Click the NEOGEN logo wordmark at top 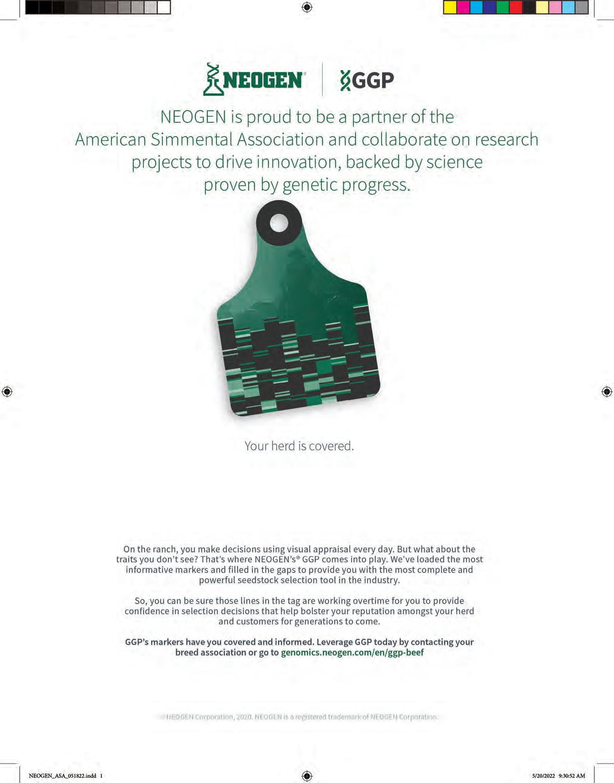coord(262,80)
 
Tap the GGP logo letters coord(373,81)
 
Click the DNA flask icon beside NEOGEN coord(212,79)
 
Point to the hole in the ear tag coord(279,223)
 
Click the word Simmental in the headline coord(191,140)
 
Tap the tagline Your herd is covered coord(299,446)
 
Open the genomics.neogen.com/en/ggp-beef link coord(352,652)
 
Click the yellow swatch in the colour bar coord(450,7)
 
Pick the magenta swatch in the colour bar coord(463,7)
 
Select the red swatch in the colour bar coord(515,7)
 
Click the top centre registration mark coord(307,7)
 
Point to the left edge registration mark coord(7,391)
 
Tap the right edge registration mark coord(607,391)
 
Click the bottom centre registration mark coord(307,776)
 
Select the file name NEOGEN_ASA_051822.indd coord(63,776)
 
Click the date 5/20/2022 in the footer coord(543,776)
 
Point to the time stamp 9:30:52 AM coord(572,776)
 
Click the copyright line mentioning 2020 coord(299,717)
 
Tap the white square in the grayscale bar coord(163,7)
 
